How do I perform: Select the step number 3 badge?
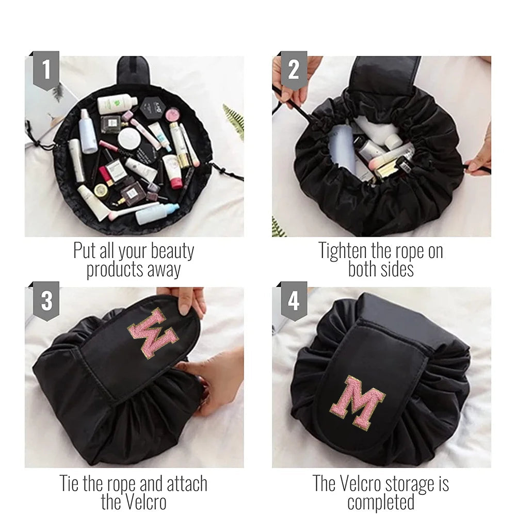point(46,301)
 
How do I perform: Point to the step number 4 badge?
point(294,301)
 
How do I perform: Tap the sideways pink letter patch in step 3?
point(153,333)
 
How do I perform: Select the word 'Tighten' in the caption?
point(343,251)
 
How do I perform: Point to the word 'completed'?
point(381,502)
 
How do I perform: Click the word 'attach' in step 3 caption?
point(187,483)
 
